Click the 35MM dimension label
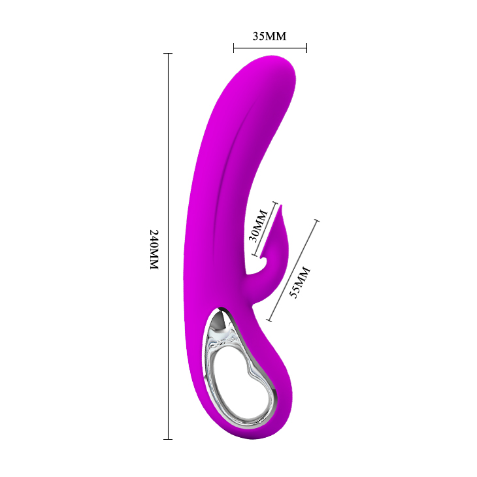click(269, 36)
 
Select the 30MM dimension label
click(259, 225)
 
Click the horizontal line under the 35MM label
click(270, 48)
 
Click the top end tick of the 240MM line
click(169, 54)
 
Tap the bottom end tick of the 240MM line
click(169, 438)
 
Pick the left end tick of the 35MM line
click(233, 48)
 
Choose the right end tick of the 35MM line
click(306, 48)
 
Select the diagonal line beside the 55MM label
click(293, 271)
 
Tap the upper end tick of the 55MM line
click(318, 221)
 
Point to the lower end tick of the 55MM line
click(268, 320)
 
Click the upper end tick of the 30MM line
click(276, 203)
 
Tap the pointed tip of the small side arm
click(284, 207)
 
